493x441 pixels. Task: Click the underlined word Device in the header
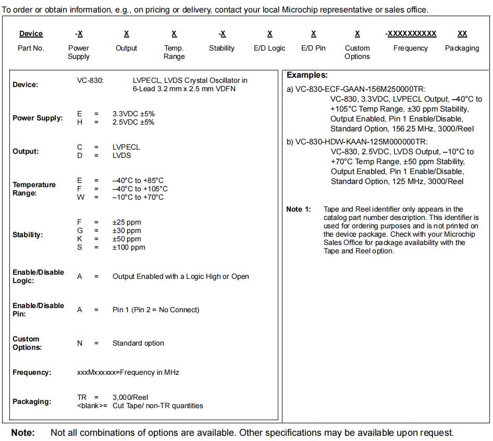31,34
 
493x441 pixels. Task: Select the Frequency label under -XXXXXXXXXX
410,48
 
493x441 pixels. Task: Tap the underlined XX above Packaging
462,34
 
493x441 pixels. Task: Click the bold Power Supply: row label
38,118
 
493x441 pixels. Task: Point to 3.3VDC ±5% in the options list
133,114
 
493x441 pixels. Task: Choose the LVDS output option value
121,155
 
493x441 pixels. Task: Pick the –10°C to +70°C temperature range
138,197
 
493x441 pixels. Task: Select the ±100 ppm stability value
129,247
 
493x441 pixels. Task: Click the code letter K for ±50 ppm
80,239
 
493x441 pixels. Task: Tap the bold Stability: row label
28,235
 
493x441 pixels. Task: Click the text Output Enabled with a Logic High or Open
180,276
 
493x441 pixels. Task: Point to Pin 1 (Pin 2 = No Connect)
156,310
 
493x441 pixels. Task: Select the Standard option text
138,343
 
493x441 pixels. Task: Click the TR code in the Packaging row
82,397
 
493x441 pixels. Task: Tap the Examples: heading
307,75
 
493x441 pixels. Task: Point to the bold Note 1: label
299,209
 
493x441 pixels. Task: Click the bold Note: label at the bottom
23,433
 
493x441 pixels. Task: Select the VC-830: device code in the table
90,80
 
